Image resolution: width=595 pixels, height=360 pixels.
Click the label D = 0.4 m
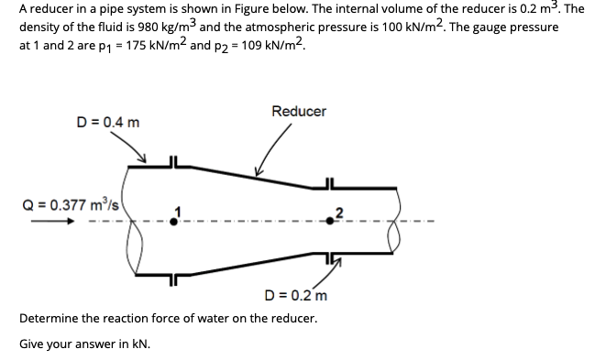[x=109, y=122]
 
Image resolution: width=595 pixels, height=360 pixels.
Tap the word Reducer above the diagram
[x=299, y=112]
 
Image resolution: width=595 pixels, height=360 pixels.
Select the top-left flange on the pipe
[x=171, y=163]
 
